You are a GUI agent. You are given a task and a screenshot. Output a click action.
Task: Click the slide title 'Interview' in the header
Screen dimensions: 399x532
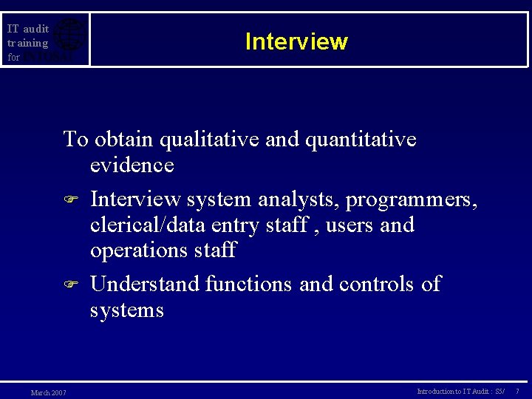click(x=296, y=41)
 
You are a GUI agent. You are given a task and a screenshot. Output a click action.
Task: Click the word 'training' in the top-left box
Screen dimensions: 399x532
click(x=27, y=43)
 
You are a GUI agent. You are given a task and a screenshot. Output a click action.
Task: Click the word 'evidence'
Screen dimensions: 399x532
click(x=132, y=165)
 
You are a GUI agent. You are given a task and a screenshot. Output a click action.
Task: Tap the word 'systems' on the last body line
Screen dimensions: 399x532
click(x=126, y=310)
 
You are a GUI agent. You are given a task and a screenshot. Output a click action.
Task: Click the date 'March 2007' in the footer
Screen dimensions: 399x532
click(x=48, y=392)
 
